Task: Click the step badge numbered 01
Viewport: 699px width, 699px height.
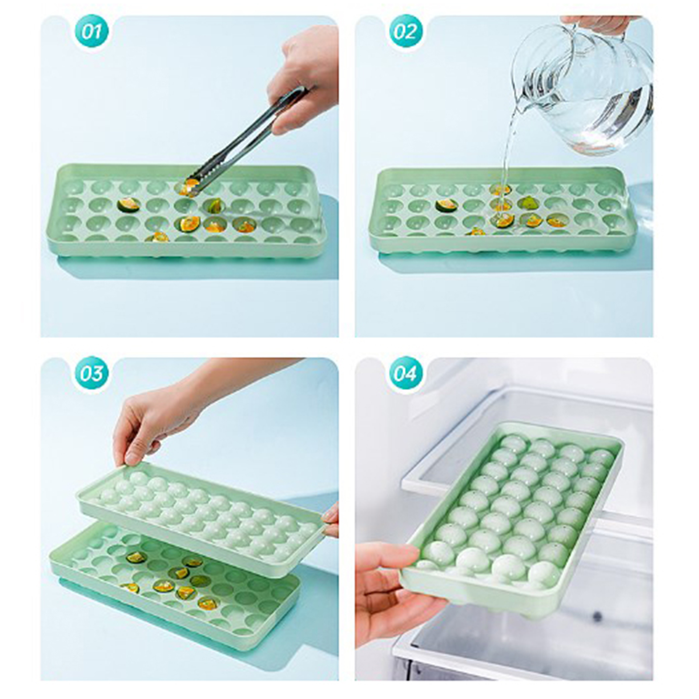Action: click(x=91, y=31)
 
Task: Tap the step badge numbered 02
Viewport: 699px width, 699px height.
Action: click(x=406, y=31)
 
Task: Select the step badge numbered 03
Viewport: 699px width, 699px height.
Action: click(x=91, y=374)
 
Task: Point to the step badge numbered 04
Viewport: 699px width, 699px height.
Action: click(x=406, y=374)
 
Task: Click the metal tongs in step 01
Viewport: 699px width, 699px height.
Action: click(x=245, y=140)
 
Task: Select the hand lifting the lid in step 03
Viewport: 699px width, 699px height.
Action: click(x=153, y=419)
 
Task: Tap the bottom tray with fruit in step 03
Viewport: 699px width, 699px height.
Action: click(x=175, y=585)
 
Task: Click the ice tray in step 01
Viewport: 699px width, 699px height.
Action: click(x=186, y=210)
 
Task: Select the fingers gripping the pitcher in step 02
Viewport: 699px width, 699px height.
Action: click(x=599, y=24)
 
